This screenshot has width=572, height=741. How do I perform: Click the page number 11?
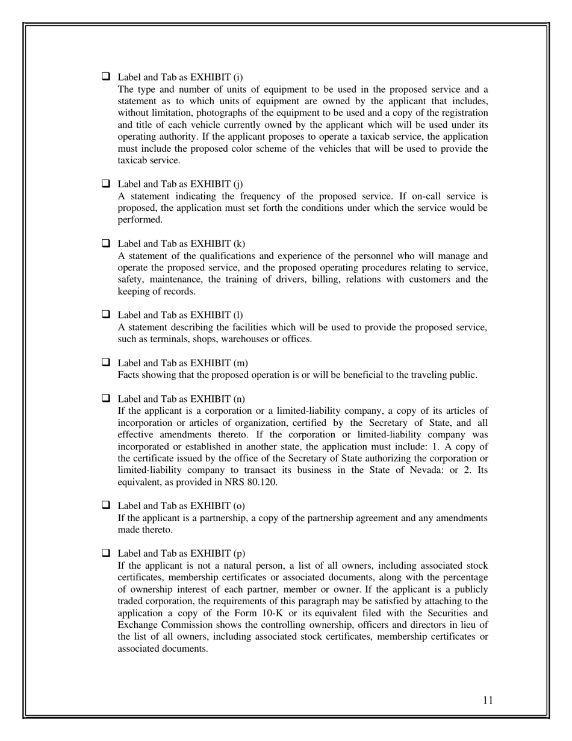coord(488,699)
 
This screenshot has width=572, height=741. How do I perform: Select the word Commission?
coord(180,625)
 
